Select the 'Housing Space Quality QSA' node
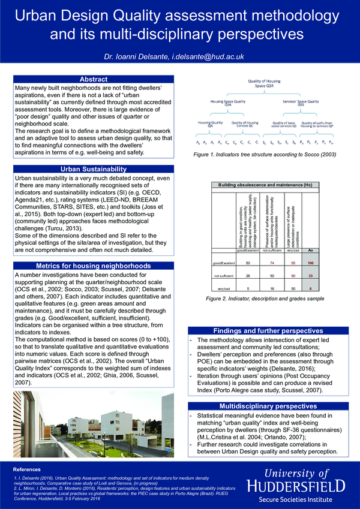pyautogui.click(x=227, y=103)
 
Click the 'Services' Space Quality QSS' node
pyautogui.click(x=301, y=103)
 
